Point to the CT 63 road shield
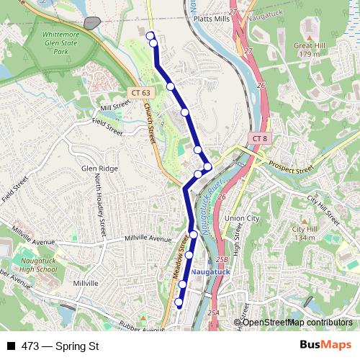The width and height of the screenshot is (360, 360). pyautogui.click(x=142, y=92)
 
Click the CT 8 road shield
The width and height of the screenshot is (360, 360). pyautogui.click(x=260, y=138)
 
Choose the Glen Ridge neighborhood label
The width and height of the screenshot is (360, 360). pyautogui.click(x=99, y=168)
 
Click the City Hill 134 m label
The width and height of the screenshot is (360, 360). pyautogui.click(x=304, y=233)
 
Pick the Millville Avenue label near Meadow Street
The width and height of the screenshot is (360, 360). pyautogui.click(x=148, y=238)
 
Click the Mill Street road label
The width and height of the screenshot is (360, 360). pyautogui.click(x=115, y=107)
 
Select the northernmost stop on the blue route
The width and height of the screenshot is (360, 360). pyautogui.click(x=150, y=35)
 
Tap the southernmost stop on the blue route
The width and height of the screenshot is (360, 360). pyautogui.click(x=179, y=302)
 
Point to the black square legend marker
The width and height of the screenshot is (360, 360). pyautogui.click(x=11, y=346)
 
